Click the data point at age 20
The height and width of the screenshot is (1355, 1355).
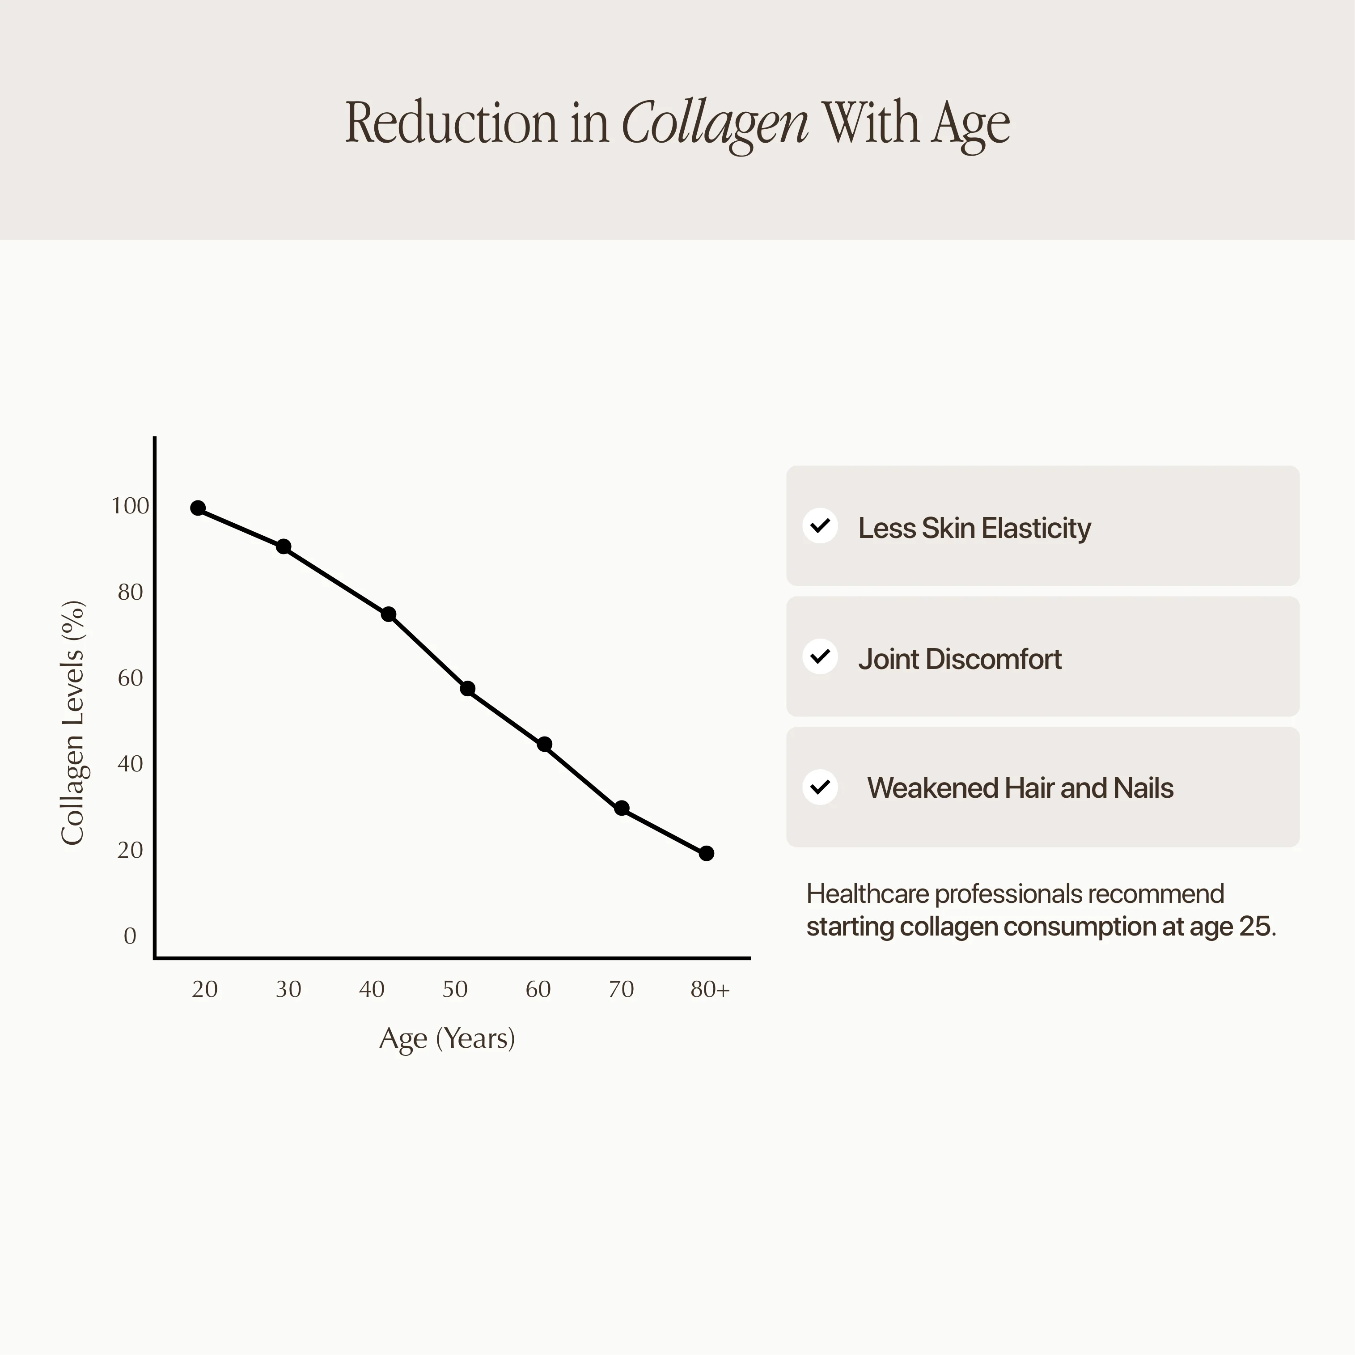point(198,508)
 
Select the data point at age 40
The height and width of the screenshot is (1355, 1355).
point(389,614)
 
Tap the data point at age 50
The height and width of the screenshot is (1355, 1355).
point(468,689)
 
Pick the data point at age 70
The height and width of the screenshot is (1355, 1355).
point(622,808)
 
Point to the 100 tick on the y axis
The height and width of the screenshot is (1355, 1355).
point(131,506)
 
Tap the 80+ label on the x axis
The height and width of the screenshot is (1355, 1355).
point(710,989)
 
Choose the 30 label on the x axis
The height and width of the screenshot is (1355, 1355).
point(288,989)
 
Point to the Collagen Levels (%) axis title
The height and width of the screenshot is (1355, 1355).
point(73,722)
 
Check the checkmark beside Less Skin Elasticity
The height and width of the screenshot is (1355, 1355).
point(820,526)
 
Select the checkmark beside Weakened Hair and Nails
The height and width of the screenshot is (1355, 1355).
point(820,788)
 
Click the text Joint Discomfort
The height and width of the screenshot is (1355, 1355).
point(959,659)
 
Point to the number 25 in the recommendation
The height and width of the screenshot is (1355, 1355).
point(1254,927)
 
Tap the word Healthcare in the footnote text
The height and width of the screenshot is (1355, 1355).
point(867,894)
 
